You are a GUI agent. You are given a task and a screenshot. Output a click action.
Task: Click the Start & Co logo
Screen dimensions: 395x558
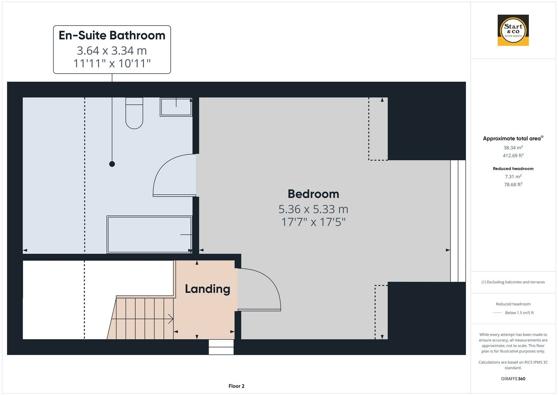click(513, 30)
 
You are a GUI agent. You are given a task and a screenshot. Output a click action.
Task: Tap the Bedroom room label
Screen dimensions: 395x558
click(313, 194)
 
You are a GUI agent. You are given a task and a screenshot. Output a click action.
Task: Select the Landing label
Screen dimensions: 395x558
click(207, 289)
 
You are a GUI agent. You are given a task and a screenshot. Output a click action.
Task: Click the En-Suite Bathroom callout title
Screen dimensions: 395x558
click(112, 35)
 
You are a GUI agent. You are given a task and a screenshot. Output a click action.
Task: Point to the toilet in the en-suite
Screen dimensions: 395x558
click(134, 113)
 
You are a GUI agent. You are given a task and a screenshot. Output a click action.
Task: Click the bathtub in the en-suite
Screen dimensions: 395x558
click(149, 234)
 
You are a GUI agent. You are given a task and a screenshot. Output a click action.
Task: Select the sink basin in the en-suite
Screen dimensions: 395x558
click(176, 106)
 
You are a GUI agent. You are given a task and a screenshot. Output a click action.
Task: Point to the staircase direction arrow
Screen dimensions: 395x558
click(170, 319)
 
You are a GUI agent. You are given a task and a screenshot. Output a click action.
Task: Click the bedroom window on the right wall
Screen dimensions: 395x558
click(458, 221)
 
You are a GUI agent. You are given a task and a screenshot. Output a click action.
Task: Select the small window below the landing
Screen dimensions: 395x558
click(221, 347)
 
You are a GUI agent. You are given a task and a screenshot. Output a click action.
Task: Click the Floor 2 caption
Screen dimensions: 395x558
click(236, 386)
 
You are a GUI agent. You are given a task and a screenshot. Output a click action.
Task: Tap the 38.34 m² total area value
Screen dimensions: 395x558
click(513, 148)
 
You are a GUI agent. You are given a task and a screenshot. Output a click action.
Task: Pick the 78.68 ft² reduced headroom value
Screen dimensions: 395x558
click(513, 185)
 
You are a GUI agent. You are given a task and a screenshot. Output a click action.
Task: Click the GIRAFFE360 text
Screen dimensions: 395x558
click(513, 379)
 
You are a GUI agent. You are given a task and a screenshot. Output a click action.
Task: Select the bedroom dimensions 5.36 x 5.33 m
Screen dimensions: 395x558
click(313, 209)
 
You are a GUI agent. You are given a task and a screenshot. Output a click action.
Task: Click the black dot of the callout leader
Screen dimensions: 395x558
click(112, 164)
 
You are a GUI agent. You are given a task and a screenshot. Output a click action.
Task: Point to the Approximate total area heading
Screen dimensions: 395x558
click(512, 138)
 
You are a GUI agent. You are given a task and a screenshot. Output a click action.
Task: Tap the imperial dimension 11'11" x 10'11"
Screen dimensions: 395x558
click(112, 64)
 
